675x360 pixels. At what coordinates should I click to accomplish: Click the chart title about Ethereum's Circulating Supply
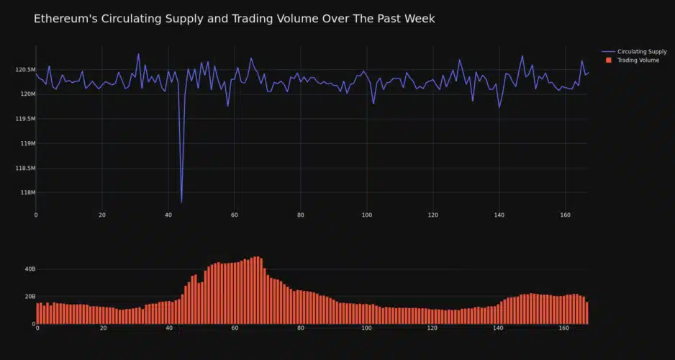pos(234,19)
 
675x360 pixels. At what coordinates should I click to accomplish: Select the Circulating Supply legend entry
pos(641,52)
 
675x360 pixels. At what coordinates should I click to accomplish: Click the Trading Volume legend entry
pos(638,60)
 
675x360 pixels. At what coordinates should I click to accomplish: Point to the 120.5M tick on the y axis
pos(25,70)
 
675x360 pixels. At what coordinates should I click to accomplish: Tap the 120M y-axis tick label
pos(25,94)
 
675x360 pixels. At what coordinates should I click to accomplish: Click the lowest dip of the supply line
pos(181,202)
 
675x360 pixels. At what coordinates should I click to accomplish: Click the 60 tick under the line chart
pos(235,215)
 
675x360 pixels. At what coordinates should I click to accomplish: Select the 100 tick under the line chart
pos(367,215)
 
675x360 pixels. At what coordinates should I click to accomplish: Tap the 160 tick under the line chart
pos(566,215)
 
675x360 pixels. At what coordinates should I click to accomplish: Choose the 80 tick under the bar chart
pos(301,328)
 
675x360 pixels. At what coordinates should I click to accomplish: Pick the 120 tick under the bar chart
pos(432,328)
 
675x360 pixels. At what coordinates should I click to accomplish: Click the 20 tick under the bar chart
pos(103,328)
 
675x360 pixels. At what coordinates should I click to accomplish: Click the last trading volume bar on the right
pos(587,313)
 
